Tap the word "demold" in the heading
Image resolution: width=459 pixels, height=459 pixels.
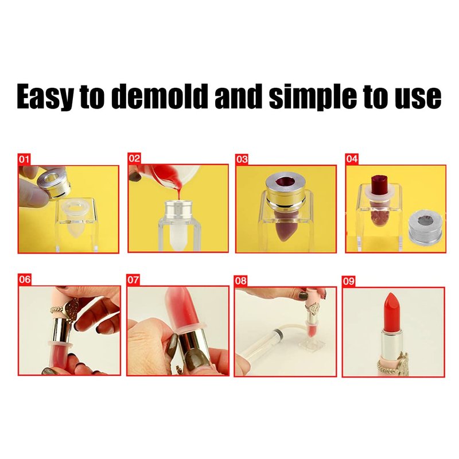coord(160,96)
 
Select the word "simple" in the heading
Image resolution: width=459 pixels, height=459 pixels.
coord(313,97)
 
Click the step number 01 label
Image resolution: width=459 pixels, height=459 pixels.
coord(24,160)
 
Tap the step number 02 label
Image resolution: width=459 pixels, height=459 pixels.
coord(134,158)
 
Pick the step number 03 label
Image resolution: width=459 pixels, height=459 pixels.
coord(242,160)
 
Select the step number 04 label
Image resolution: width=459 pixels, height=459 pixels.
coord(352,159)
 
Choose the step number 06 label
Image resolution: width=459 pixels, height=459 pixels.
coord(25,279)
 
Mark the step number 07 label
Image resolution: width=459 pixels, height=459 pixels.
coord(133,280)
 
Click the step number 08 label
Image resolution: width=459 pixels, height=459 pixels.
coord(240,281)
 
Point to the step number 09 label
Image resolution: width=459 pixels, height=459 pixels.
coord(349,282)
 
